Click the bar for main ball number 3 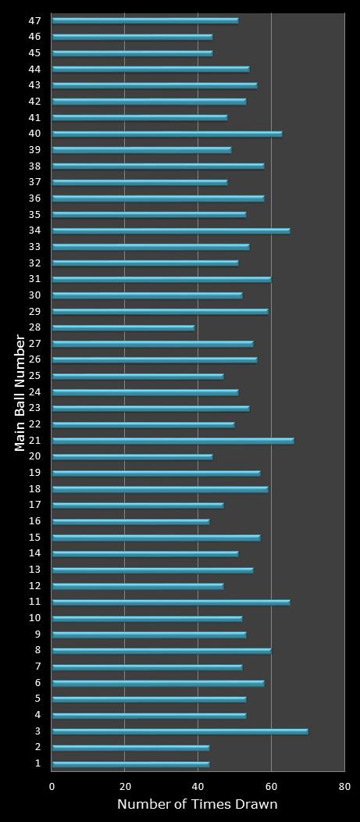coord(180,731)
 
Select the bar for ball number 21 coord(173,441)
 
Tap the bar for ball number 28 coord(123,327)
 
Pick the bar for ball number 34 coord(170,231)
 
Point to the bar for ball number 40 coord(167,134)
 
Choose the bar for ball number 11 coord(170,602)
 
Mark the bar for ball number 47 coord(145,20)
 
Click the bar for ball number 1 coord(130,763)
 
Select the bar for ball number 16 coord(130,521)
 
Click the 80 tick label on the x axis coord(344,786)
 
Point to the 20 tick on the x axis coord(125,786)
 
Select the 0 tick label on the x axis coord(52,786)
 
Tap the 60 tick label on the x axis coord(271,786)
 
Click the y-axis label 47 coord(34,20)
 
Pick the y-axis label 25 coord(34,376)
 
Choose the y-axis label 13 coord(34,570)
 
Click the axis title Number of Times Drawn coord(197,805)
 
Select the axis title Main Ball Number coord(20,392)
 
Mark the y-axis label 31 coord(34,279)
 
